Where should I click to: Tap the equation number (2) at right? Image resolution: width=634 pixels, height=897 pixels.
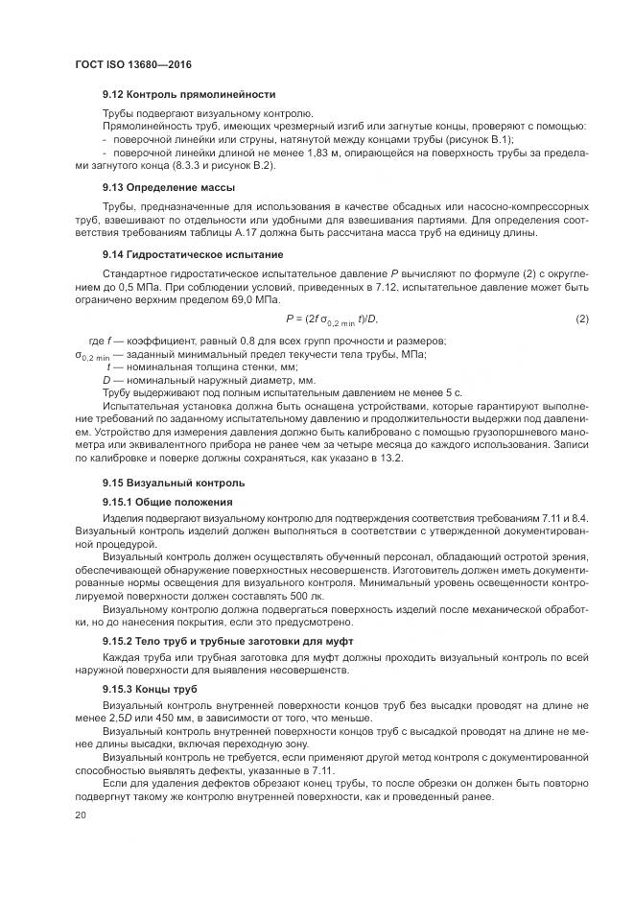[x=581, y=319]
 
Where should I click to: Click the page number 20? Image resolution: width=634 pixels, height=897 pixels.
[x=81, y=814]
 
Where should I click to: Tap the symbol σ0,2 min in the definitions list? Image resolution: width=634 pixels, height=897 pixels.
[x=93, y=356]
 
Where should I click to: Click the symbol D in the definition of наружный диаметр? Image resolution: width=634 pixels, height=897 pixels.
[x=107, y=379]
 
